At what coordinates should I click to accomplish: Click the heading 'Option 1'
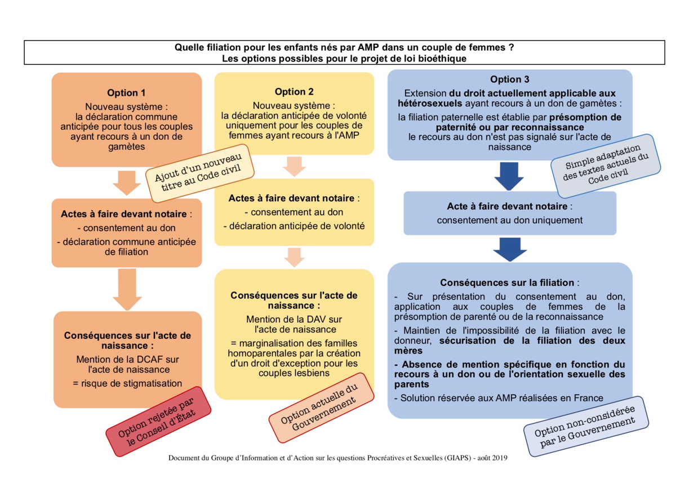[126, 93]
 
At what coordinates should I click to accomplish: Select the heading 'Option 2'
[294, 92]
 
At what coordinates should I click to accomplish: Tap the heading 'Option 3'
[510, 79]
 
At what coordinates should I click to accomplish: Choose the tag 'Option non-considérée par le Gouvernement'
[585, 428]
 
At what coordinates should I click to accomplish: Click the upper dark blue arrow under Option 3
[510, 176]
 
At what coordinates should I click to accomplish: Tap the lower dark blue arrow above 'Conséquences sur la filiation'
[510, 249]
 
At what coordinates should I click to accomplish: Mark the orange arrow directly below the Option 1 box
[126, 182]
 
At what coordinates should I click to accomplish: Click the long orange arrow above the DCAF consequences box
[126, 288]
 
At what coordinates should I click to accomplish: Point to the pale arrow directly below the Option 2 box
[294, 166]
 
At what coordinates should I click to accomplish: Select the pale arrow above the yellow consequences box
[294, 256]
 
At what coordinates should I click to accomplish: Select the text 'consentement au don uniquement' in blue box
[510, 220]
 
